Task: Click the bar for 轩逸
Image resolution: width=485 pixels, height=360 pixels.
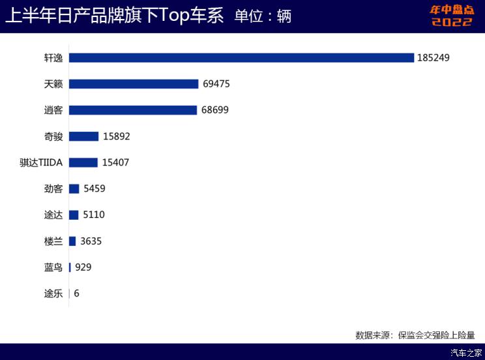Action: [241, 57]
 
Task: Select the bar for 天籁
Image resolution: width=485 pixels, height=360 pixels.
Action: [134, 84]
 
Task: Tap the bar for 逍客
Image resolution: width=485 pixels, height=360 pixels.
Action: [133, 110]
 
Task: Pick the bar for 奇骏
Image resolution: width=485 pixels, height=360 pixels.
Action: [84, 136]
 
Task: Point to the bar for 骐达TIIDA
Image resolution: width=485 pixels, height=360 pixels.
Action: [83, 162]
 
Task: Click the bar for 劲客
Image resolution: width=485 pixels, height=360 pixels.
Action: [74, 188]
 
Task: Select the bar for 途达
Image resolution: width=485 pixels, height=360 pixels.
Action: [74, 215]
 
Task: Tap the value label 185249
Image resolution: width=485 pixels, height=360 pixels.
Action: [434, 58]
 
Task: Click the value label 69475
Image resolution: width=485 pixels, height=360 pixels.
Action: [216, 84]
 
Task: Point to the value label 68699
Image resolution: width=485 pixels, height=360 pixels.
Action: [215, 110]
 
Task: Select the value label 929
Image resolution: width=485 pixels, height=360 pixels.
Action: [83, 267]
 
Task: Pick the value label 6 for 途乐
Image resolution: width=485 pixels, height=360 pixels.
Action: [76, 293]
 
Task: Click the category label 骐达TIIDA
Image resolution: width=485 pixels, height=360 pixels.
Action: [41, 163]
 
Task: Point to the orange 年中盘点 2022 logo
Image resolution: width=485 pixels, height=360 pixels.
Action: [452, 16]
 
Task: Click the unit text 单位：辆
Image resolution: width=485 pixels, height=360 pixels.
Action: [263, 16]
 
